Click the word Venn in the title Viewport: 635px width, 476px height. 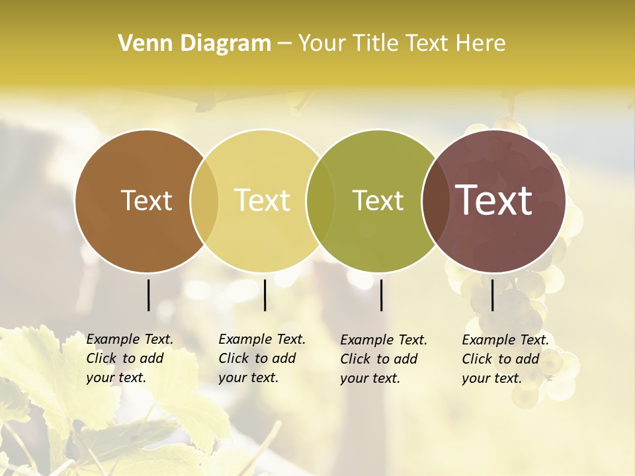click(x=140, y=44)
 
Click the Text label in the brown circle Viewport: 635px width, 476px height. click(x=146, y=200)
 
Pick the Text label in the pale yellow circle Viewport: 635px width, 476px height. click(x=262, y=200)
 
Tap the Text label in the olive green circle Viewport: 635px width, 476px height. click(x=378, y=200)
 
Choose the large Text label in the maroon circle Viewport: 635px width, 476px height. click(x=493, y=200)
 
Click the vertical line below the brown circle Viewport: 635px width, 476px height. click(x=149, y=295)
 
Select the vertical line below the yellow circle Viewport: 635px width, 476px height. click(x=265, y=295)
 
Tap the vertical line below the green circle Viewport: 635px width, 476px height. click(x=382, y=295)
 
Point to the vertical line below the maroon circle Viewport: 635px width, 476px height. click(x=492, y=295)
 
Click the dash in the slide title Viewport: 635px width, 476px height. click(x=284, y=44)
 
